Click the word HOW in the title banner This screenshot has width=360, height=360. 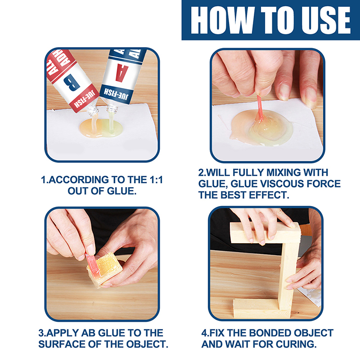(222, 20)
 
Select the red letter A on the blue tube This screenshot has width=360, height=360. (122, 73)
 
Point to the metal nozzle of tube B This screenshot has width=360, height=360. (93, 111)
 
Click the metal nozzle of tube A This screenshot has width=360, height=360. (112, 108)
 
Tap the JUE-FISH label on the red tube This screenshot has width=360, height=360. (85, 99)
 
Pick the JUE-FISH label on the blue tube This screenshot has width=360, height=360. (116, 94)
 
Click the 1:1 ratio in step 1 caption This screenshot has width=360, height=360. (154, 180)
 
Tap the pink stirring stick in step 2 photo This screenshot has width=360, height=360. (260, 108)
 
